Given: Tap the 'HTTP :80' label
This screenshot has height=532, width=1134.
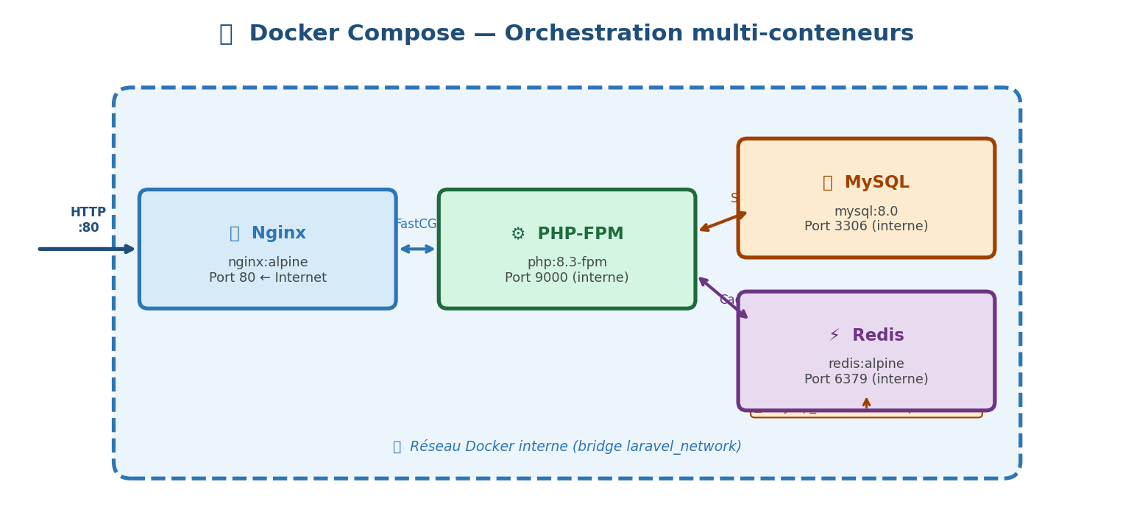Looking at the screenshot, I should (x=88, y=220).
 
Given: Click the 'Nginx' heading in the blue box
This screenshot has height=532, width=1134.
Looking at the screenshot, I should (x=278, y=233).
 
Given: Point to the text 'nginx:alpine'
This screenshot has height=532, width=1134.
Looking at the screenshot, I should (x=268, y=263).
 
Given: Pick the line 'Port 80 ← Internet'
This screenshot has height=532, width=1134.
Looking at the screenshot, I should (x=268, y=278).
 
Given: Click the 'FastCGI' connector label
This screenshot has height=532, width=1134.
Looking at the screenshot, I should (x=416, y=224).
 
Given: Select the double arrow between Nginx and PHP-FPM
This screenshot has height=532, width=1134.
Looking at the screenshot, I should (x=417, y=249).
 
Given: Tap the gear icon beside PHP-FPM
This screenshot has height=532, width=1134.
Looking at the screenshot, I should (x=518, y=234).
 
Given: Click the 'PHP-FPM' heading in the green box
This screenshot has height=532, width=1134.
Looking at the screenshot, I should (x=580, y=234).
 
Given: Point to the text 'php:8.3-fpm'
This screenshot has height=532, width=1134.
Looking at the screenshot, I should (x=567, y=263).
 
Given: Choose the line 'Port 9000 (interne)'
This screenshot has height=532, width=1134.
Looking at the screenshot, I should (x=567, y=278).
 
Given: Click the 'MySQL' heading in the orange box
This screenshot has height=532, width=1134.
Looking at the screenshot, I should (x=876, y=182).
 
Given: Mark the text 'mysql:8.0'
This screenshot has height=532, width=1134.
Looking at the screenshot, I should (x=866, y=212).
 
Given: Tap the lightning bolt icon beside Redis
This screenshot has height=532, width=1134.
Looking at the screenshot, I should (x=834, y=336).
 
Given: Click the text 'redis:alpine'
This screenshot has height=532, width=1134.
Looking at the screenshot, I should (x=866, y=364).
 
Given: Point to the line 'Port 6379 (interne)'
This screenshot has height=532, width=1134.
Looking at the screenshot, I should (x=866, y=380).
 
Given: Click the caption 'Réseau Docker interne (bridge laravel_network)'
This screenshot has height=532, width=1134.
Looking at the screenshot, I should (x=575, y=447).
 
